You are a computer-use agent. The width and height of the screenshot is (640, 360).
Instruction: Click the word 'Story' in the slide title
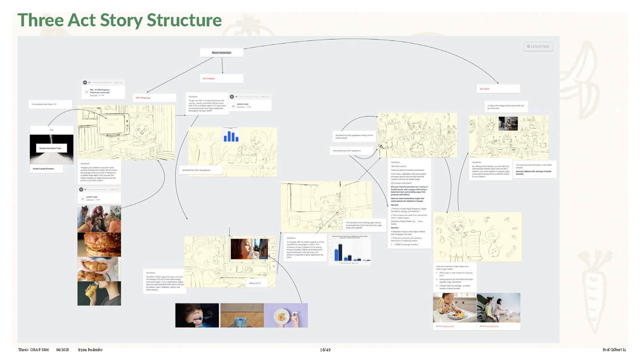point(121,20)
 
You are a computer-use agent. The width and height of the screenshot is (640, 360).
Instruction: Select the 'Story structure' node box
point(222,53)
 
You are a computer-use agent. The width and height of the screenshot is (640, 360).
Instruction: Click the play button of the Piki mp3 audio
point(85,82)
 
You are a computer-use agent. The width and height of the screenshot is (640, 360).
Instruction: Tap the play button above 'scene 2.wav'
point(232,96)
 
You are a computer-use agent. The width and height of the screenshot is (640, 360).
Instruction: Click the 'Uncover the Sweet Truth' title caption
point(50,148)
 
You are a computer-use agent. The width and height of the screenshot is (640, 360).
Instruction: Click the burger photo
point(99,245)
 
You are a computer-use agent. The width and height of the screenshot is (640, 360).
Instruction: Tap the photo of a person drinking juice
point(99,294)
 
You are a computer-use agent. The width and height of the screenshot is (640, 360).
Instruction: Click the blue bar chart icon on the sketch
point(231,136)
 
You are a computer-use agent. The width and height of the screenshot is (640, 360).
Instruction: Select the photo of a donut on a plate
point(286,316)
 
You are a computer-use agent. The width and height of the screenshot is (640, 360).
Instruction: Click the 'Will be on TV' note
point(255,283)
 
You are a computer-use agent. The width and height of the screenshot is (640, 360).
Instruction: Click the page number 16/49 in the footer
point(325,350)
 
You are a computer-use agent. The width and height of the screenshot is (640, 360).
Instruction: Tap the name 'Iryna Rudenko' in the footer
point(90,350)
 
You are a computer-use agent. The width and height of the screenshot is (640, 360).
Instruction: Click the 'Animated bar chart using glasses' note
point(196,170)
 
